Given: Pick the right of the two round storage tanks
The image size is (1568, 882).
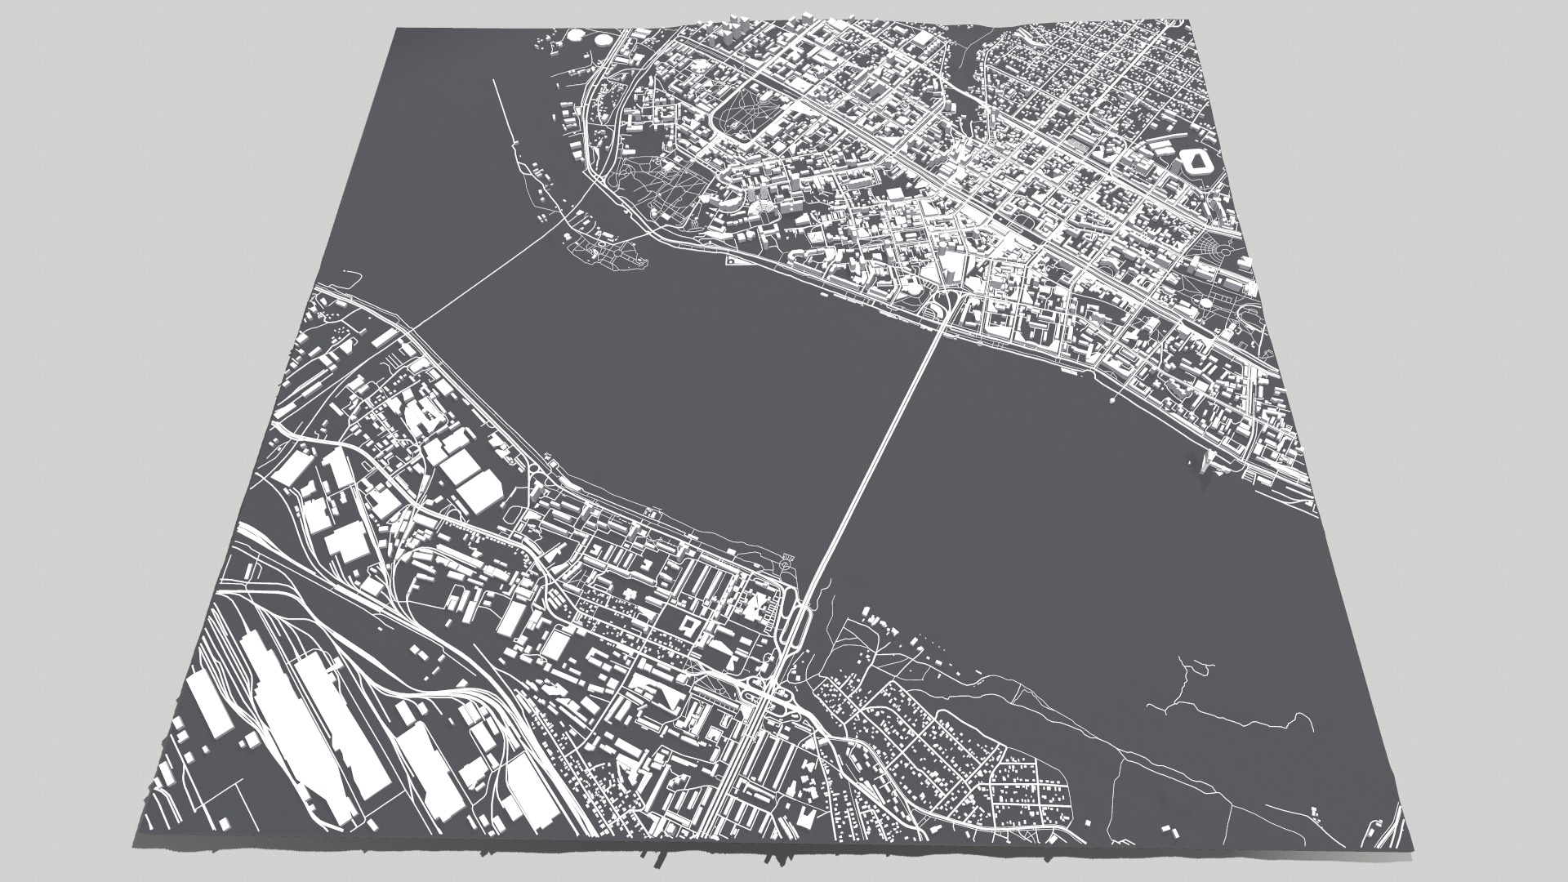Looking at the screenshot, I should click(604, 39).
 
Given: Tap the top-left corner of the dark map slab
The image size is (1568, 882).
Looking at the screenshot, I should click(397, 29).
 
